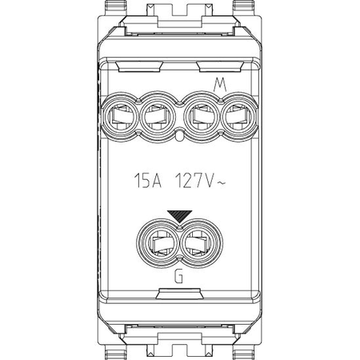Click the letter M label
pyautogui.click(x=220, y=86)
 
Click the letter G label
pyautogui.click(x=178, y=276)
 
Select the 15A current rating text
pyautogui.click(x=148, y=181)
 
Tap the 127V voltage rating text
pyautogui.click(x=195, y=181)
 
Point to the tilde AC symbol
pyautogui.click(x=222, y=183)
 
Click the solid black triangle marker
pyautogui.click(x=180, y=216)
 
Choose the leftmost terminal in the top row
pyautogui.click(x=120, y=117)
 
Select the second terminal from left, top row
pyautogui.click(x=158, y=117)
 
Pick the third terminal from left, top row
pyautogui.click(x=202, y=117)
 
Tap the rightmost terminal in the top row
pyautogui.click(x=239, y=117)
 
